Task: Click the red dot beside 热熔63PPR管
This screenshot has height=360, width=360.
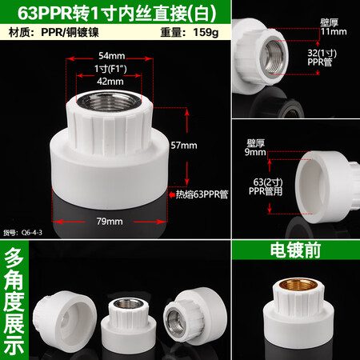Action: pos(170,194)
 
